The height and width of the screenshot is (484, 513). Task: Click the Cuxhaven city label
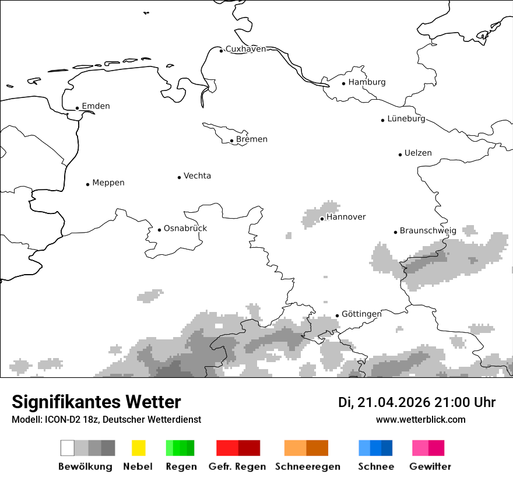point(245,49)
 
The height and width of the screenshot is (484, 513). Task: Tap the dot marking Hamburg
point(344,83)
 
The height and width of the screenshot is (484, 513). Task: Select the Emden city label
point(96,106)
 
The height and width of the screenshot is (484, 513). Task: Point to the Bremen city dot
point(231,141)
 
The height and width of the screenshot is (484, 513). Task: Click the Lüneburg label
point(406,118)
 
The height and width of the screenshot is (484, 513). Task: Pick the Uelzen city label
point(418,153)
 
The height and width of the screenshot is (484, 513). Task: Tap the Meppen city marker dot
point(87,184)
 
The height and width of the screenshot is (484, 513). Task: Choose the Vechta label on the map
point(197,176)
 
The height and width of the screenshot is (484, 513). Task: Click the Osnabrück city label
point(185,228)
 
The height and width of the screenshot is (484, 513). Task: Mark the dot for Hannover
point(322,219)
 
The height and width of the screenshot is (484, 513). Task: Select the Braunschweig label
point(428,230)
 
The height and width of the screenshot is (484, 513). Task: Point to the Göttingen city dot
point(337,315)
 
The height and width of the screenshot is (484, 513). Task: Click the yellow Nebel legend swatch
point(138,448)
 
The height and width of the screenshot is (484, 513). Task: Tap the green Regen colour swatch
point(180,448)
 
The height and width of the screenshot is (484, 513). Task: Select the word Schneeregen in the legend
point(307,467)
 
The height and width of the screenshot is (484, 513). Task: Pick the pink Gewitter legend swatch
point(428,448)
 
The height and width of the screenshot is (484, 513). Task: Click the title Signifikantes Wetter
point(96,402)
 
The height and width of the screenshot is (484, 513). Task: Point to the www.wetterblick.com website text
point(420,419)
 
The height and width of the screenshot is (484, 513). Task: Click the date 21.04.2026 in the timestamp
point(393,402)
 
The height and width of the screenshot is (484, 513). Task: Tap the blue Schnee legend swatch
point(375,448)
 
